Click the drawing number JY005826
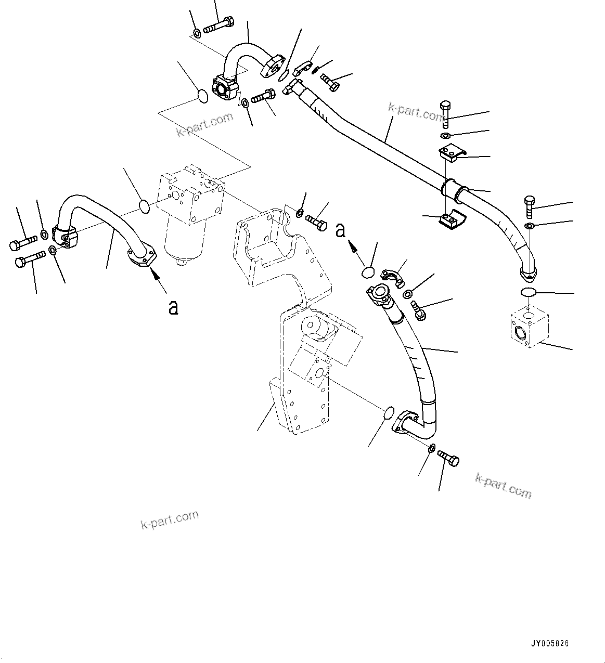pyautogui.click(x=550, y=643)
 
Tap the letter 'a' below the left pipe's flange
pyautogui.click(x=173, y=307)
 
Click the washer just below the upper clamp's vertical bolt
pyautogui.click(x=446, y=136)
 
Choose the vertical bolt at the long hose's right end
pyautogui.click(x=529, y=207)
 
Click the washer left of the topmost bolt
pyautogui.click(x=197, y=34)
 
